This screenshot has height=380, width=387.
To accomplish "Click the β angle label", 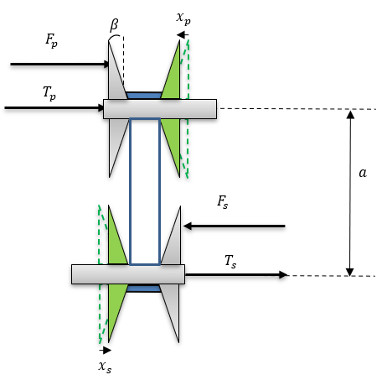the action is click(114, 25).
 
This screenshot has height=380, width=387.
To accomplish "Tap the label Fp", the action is click(52, 40).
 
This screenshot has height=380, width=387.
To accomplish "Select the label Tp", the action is click(49, 93).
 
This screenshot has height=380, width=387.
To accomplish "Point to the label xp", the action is click(183, 18).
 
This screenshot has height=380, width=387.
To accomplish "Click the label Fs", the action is click(223, 201).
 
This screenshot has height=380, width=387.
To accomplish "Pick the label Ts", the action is click(230, 262).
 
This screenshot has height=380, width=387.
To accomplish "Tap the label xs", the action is click(105, 367).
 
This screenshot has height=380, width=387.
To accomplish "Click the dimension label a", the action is click(363, 173).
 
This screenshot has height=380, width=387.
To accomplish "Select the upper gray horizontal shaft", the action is click(160, 109).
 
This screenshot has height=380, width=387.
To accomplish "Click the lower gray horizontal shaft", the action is click(128, 274).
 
